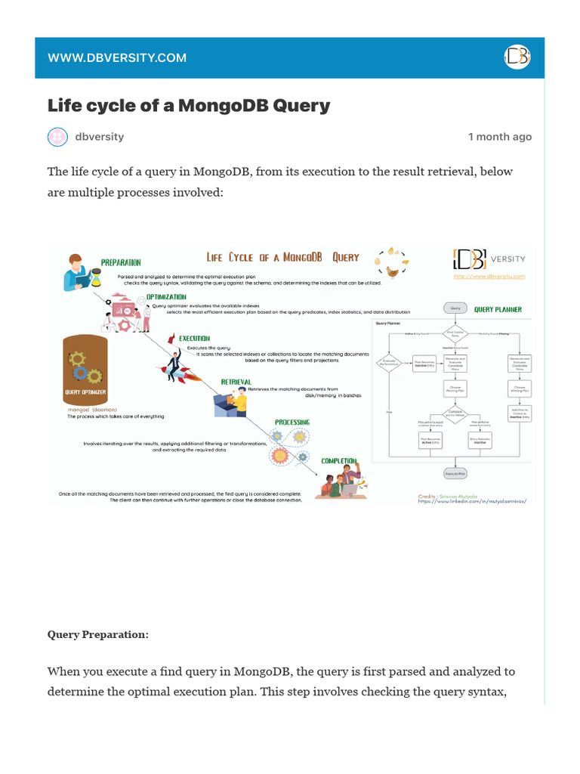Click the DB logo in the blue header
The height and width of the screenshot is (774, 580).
(x=517, y=57)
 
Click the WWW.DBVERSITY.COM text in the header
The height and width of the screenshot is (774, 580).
(x=117, y=58)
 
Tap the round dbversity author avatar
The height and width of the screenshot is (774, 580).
(x=58, y=137)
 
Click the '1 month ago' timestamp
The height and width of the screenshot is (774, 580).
(x=499, y=137)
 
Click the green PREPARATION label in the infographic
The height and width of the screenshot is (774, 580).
(x=121, y=262)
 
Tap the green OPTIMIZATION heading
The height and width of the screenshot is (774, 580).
(x=166, y=297)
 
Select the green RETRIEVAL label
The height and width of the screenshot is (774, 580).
(x=236, y=382)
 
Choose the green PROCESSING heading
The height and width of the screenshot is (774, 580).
(x=292, y=422)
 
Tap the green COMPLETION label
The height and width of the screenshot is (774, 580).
(x=339, y=460)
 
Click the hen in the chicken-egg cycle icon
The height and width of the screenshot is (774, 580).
(x=392, y=272)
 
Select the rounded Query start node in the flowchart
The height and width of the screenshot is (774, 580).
(x=455, y=308)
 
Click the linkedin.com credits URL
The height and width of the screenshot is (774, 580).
(x=471, y=501)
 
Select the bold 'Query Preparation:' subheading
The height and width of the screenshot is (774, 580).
(x=98, y=634)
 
